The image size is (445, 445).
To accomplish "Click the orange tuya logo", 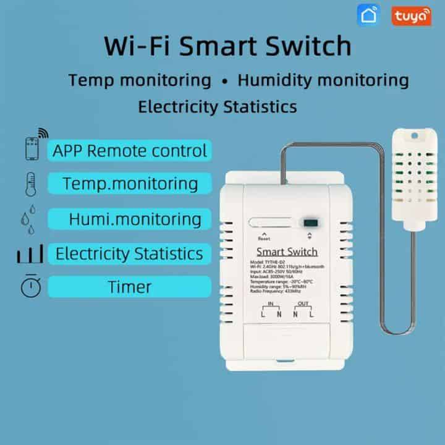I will [x=410, y=17].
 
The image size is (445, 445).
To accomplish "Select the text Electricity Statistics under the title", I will [x=218, y=106].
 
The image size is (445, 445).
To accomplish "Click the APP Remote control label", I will [x=130, y=150].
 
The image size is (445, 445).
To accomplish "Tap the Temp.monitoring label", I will [x=130, y=184].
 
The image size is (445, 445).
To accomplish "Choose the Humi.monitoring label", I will [x=135, y=219].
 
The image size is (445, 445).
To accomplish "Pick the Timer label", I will [x=130, y=286].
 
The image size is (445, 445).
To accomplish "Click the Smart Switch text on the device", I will [x=286, y=252].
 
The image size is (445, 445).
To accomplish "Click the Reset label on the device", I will [x=265, y=239].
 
